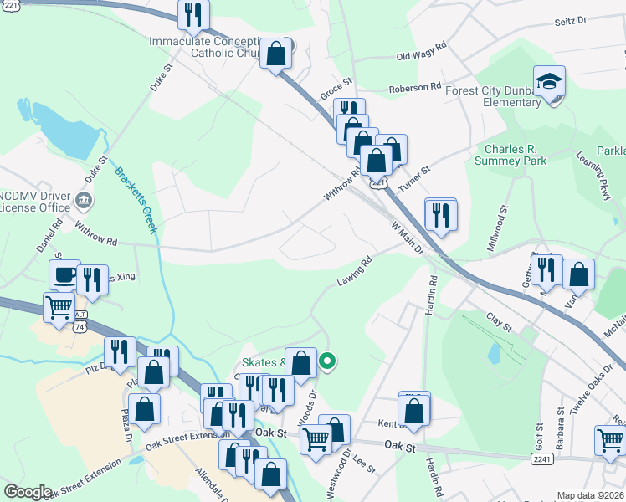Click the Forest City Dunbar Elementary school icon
[550, 82]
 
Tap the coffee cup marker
[64, 275]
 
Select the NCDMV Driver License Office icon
[84, 200]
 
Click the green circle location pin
[328, 361]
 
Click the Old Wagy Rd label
[423, 57]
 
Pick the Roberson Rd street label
[414, 87]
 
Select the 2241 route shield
[541, 458]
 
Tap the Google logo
[28, 492]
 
